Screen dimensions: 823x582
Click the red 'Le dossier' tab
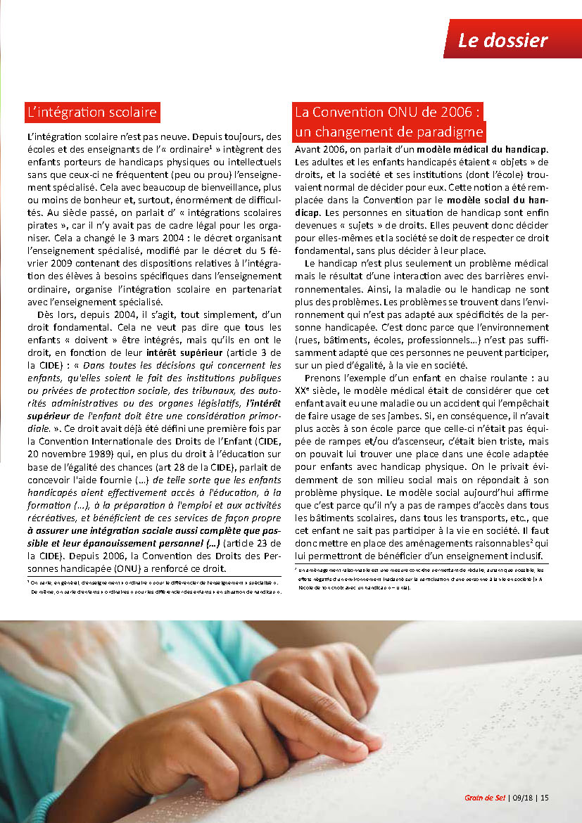pos(502,40)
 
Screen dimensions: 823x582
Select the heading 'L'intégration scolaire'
pos(91,112)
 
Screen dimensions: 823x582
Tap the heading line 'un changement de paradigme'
pos(389,132)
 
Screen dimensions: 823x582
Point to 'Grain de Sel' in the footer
pos(485,798)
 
